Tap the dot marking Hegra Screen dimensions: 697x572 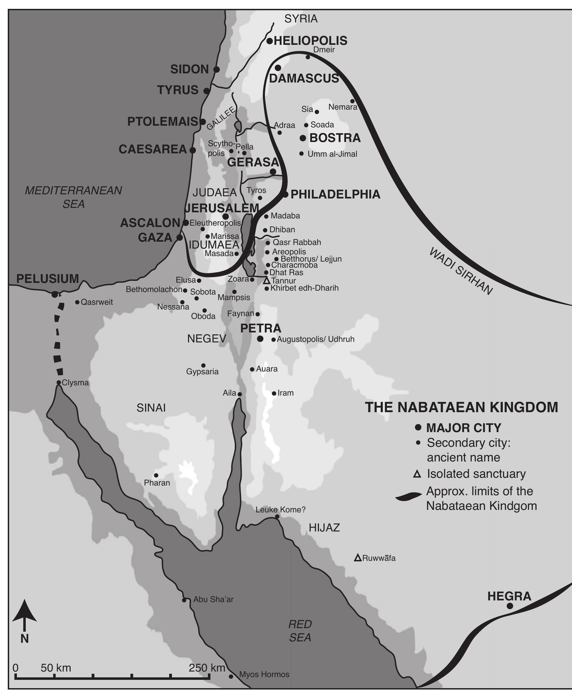coord(509,606)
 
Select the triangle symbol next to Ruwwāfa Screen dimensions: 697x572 coord(358,558)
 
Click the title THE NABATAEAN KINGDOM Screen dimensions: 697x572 coord(461,407)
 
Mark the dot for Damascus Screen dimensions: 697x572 coord(278,68)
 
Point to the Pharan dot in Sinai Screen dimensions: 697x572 coord(156,475)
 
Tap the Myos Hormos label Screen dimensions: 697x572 coord(264,674)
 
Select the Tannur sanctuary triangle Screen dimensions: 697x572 coord(267,281)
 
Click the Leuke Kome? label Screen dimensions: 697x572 coord(280,510)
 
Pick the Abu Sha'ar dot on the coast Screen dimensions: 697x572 coord(184,600)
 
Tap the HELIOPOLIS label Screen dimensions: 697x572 coord(310,40)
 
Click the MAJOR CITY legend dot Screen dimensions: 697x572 coord(418,428)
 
